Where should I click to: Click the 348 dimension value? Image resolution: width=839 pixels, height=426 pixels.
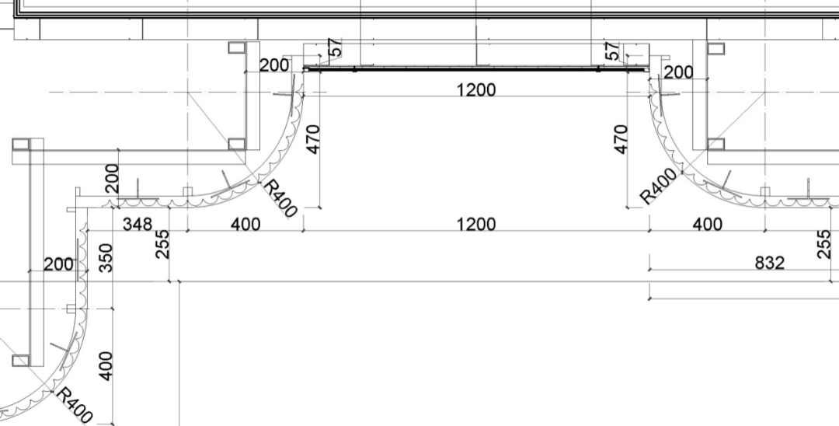(138, 224)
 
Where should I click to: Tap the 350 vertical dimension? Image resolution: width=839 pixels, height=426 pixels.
(106, 257)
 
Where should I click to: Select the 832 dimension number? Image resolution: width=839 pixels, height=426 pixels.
(769, 263)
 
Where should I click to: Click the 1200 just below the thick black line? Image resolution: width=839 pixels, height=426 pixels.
(476, 89)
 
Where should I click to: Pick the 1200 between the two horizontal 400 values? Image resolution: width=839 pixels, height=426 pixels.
(476, 224)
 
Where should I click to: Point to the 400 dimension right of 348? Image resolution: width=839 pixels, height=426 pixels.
(245, 224)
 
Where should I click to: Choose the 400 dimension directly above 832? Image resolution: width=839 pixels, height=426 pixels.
(708, 224)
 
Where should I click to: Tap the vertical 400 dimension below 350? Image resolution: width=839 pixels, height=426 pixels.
(106, 366)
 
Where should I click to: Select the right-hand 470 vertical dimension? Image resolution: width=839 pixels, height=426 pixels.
(620, 139)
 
